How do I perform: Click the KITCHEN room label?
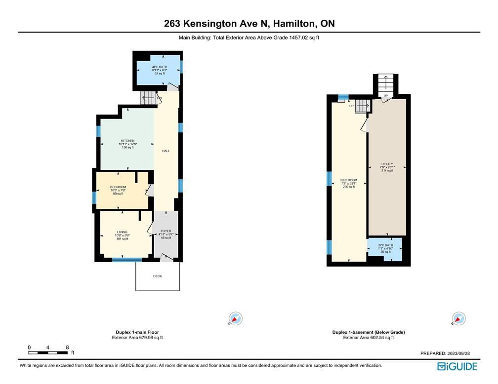(x=127, y=141)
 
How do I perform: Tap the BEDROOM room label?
(x=118, y=187)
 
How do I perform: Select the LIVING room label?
(x=122, y=232)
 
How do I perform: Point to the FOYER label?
(x=166, y=231)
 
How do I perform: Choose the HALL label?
(x=166, y=151)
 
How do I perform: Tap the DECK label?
(x=157, y=276)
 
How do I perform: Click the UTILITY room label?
(x=387, y=164)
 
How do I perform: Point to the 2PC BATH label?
(x=384, y=245)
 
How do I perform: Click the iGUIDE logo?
(x=457, y=366)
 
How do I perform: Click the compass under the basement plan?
(x=459, y=319)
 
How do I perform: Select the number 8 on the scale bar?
(x=67, y=347)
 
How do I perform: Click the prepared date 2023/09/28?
(x=464, y=353)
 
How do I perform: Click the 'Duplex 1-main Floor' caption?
(x=137, y=332)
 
